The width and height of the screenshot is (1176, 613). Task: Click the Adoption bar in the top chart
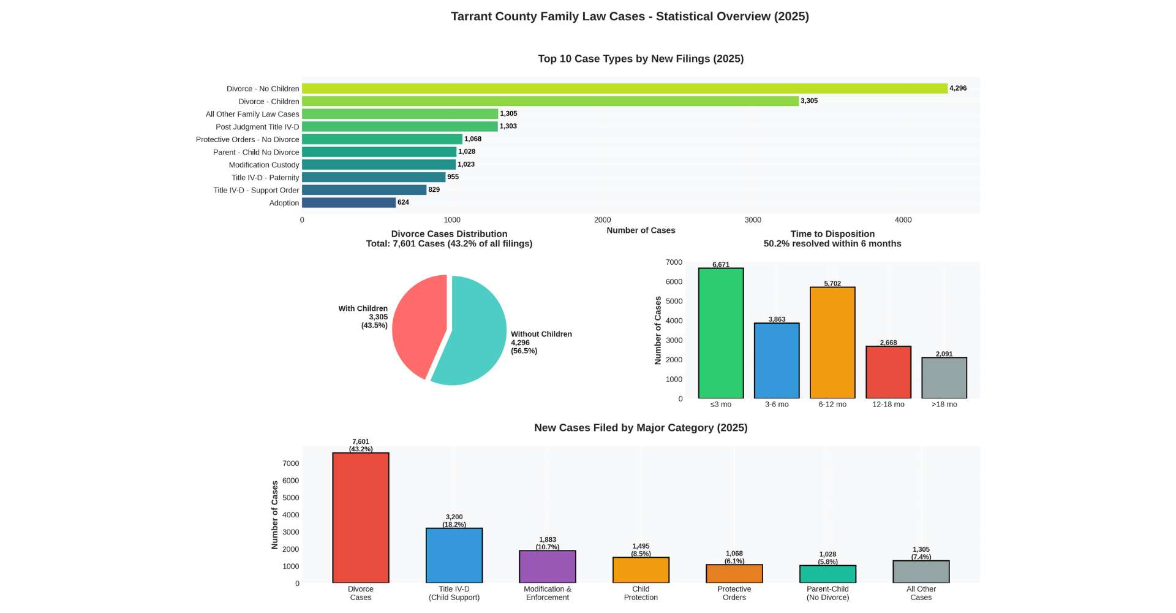tap(349, 202)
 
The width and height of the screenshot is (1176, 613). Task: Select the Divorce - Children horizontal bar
tap(550, 101)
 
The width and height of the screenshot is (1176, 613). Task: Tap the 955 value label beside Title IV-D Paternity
tap(453, 177)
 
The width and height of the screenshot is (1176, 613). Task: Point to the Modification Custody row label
tap(264, 165)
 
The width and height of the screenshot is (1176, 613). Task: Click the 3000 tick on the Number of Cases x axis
tap(753, 220)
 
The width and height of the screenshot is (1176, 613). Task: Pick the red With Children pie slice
tap(417, 325)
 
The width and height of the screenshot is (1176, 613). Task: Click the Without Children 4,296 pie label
tap(541, 343)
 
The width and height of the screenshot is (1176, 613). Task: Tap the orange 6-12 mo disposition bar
tap(832, 343)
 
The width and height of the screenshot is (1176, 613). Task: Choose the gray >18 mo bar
tap(944, 378)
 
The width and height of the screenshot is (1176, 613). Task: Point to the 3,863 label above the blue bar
tap(777, 319)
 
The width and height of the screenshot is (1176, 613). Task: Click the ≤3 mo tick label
tap(721, 405)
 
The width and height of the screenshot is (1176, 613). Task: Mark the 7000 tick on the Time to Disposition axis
tap(674, 262)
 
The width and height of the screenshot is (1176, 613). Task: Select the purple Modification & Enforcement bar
tap(548, 567)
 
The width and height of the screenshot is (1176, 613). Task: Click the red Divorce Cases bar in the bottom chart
tap(361, 518)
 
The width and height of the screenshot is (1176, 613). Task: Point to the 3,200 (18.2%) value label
tap(454, 521)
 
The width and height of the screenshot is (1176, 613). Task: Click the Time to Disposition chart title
tap(832, 234)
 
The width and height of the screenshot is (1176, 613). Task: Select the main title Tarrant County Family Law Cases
tap(630, 17)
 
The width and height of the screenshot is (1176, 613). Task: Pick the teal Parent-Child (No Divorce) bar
tap(827, 574)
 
